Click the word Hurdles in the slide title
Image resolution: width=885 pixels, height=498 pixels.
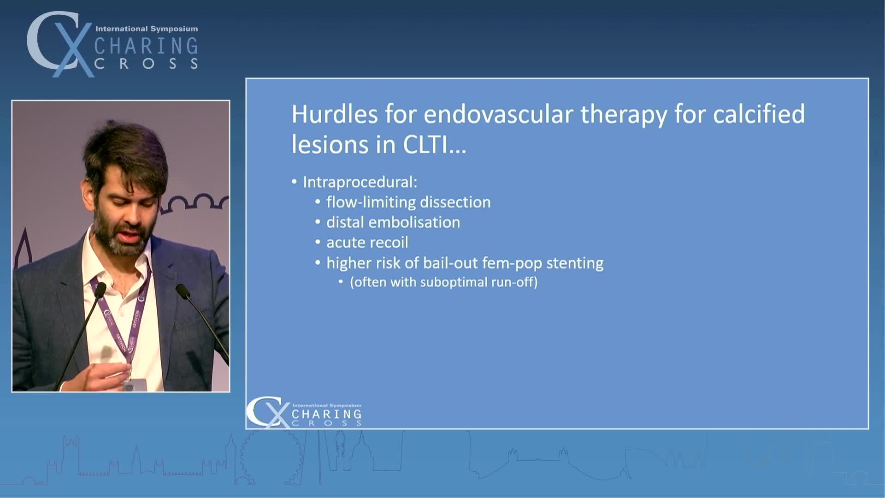(335, 114)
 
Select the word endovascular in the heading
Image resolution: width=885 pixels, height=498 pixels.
(498, 114)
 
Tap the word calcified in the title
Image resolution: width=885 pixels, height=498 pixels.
(759, 114)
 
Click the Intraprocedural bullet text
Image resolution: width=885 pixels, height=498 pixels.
(360, 182)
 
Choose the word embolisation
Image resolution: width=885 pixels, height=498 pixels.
(420, 222)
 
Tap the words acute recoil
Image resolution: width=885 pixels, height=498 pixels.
(367, 243)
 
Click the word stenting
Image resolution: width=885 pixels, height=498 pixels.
(575, 263)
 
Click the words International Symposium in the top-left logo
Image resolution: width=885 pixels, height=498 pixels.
(147, 29)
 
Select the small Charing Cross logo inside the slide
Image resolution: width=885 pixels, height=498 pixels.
(304, 412)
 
